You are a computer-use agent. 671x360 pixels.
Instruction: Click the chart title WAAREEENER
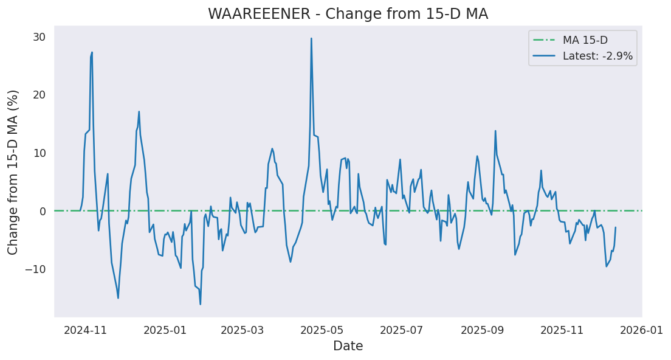click(x=348, y=14)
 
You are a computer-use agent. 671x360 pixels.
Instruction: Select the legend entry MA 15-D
click(x=585, y=40)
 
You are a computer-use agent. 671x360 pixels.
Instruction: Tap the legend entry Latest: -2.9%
click(x=597, y=56)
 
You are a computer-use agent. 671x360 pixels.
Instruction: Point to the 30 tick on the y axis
click(x=39, y=37)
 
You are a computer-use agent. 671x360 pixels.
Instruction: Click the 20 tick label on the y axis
click(x=39, y=95)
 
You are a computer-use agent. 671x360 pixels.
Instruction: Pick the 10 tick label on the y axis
click(x=39, y=153)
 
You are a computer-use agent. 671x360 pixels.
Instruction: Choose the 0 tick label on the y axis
click(x=42, y=211)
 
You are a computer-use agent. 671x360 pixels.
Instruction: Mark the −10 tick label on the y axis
click(x=35, y=269)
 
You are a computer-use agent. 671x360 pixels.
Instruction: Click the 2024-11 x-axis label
click(x=85, y=331)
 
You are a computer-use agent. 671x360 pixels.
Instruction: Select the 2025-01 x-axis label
click(x=166, y=331)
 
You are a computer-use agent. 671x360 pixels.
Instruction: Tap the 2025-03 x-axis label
click(x=243, y=331)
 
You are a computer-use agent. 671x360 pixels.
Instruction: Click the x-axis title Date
click(x=348, y=347)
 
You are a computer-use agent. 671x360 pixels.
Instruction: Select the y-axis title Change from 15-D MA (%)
click(x=13, y=172)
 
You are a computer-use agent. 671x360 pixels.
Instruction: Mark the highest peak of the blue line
click(x=311, y=38)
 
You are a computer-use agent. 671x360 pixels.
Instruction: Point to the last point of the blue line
click(x=615, y=227)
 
